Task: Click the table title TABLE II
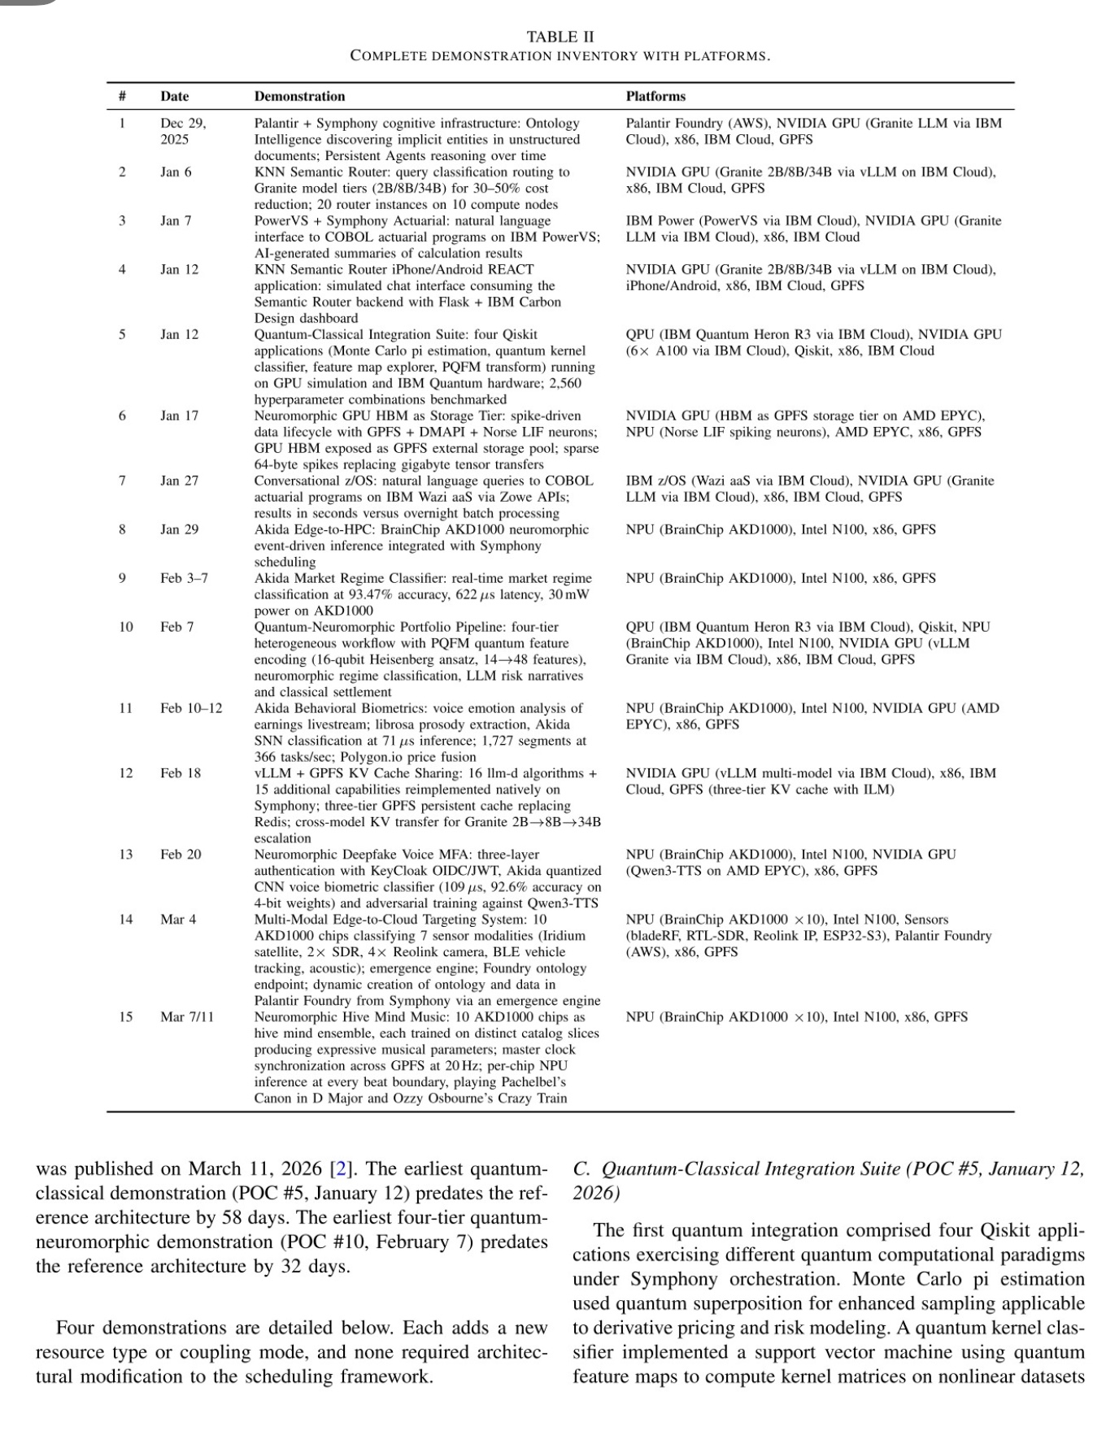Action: click(x=560, y=37)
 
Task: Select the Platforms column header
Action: click(x=655, y=96)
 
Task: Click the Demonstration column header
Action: click(x=299, y=96)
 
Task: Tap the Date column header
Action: click(x=174, y=96)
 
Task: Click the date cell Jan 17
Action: click(x=179, y=415)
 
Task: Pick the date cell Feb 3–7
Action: click(x=184, y=578)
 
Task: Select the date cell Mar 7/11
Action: click(x=187, y=1017)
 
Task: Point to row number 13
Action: click(x=125, y=855)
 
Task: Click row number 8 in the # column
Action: click(x=122, y=529)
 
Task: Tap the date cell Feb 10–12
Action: click(x=191, y=708)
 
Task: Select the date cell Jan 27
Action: click(x=179, y=481)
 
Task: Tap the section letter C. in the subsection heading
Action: click(x=582, y=1169)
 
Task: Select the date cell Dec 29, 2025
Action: click(x=183, y=131)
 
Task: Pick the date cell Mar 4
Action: click(x=178, y=920)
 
